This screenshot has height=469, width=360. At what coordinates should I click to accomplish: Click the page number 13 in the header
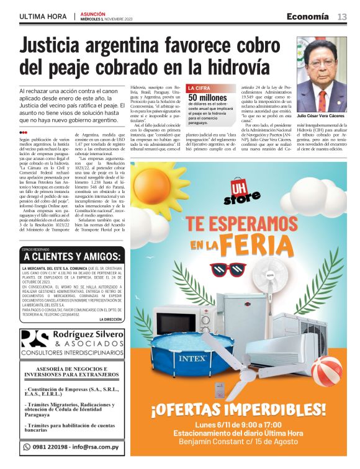(342, 16)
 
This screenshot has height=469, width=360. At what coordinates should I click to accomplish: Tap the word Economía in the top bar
(308, 16)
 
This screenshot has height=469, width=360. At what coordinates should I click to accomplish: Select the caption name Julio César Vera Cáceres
(322, 116)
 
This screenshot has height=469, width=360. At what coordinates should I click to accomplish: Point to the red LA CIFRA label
(199, 88)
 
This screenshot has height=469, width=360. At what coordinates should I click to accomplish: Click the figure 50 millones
(208, 97)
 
